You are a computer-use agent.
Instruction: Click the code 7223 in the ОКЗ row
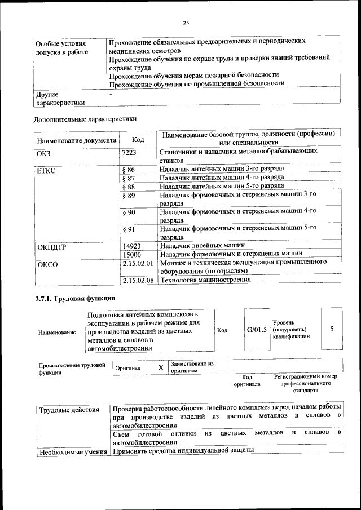(x=129, y=152)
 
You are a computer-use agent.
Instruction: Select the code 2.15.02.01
(x=138, y=263)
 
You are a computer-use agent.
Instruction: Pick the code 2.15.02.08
(x=138, y=280)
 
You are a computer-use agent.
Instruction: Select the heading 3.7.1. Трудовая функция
(x=74, y=298)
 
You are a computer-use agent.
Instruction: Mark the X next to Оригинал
(x=160, y=367)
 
